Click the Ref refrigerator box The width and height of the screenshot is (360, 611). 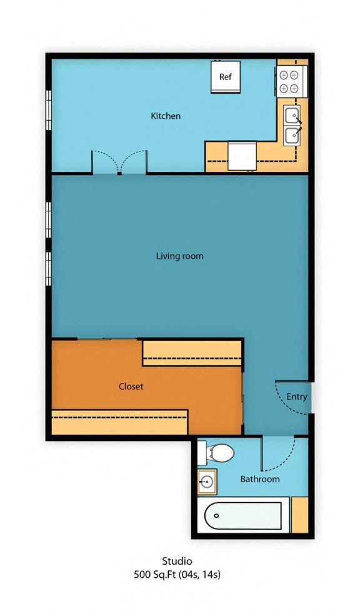(226, 77)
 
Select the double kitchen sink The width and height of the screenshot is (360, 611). (292, 125)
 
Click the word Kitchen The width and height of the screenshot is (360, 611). (166, 116)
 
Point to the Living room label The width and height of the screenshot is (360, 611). (179, 256)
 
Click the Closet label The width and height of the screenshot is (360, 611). (131, 386)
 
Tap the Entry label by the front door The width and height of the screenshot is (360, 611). (297, 396)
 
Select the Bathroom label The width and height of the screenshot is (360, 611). (260, 479)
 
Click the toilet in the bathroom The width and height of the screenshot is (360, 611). (216, 453)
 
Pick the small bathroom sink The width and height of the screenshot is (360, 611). (207, 482)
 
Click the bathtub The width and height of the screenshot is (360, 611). (243, 515)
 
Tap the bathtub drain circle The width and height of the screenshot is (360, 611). (216, 515)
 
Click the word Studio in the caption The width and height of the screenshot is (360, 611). (177, 561)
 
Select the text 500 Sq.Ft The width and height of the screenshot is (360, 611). (155, 574)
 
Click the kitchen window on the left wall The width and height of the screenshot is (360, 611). (49, 110)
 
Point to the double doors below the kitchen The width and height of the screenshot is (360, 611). (119, 162)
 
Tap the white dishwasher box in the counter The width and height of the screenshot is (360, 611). (242, 156)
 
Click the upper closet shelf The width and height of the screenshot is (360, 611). (192, 353)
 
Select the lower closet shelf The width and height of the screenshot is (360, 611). (119, 422)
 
